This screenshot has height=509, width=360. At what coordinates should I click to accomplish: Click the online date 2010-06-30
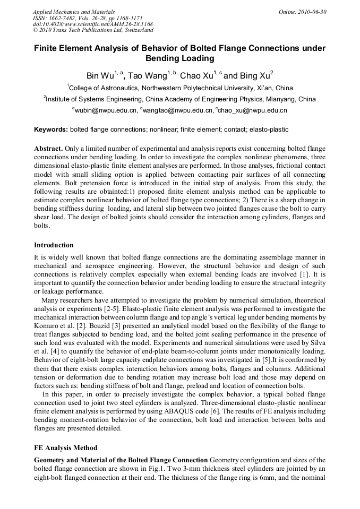click(x=313, y=12)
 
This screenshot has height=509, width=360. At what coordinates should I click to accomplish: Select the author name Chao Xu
click(x=196, y=75)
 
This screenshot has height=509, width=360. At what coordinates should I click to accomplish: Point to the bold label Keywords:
click(x=51, y=130)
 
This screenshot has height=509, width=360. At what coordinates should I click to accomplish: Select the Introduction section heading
click(x=54, y=245)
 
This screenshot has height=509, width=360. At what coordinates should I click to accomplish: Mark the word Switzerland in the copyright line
click(x=136, y=31)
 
